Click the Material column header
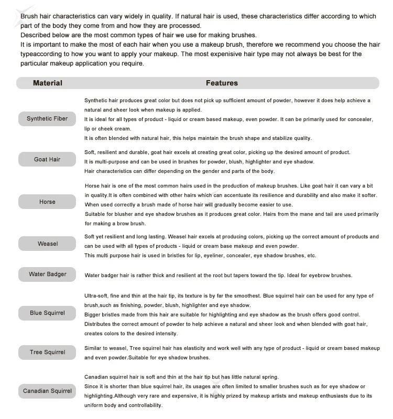click(47, 83)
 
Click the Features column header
click(222, 83)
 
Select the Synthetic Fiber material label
click(47, 118)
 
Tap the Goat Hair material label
click(47, 159)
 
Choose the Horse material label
click(47, 202)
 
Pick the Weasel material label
click(47, 244)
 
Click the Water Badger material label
click(47, 274)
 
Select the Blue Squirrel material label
click(47, 313)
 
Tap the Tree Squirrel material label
click(47, 352)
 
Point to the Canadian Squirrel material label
click(47, 391)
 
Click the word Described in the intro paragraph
click(36, 35)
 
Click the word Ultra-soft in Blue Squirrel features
click(96, 296)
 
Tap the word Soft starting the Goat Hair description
click(90, 152)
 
